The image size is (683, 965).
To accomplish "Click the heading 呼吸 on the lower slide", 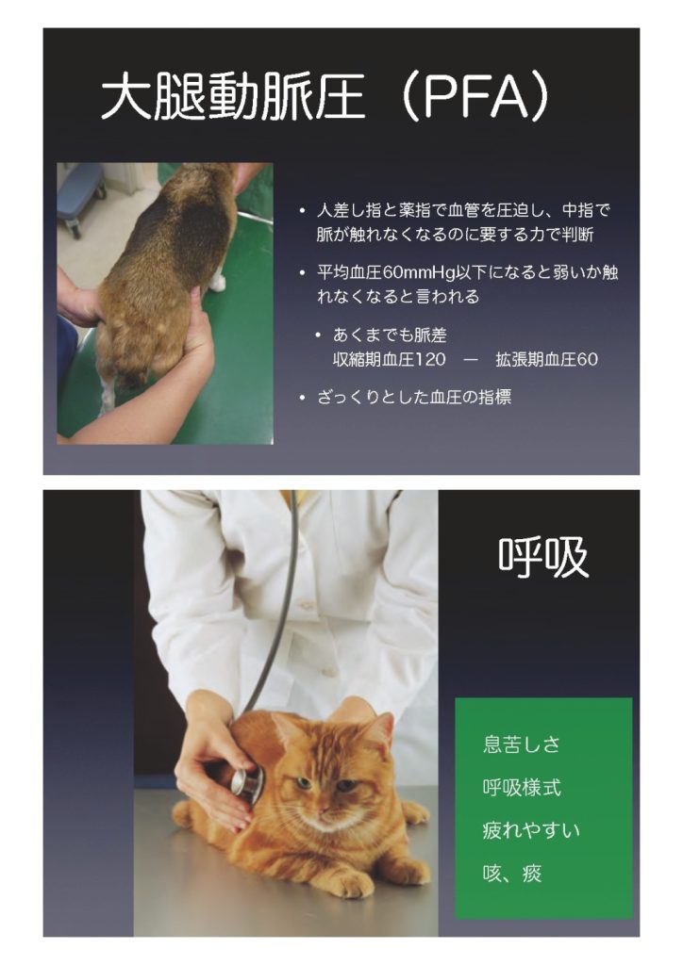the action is click(542, 557).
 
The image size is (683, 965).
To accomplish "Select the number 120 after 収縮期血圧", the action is click(430, 359).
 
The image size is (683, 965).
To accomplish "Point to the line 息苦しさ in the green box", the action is click(521, 744).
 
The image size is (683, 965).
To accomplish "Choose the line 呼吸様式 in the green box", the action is click(522, 788).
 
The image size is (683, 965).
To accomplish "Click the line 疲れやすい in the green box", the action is click(531, 830).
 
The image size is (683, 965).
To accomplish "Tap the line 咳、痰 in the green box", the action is click(512, 874).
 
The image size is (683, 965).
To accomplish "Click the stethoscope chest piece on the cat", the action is click(246, 782).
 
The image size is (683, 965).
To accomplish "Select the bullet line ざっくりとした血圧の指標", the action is click(414, 398).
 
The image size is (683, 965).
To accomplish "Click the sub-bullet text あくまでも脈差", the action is click(390, 335).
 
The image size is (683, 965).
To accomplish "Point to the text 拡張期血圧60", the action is click(546, 359).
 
